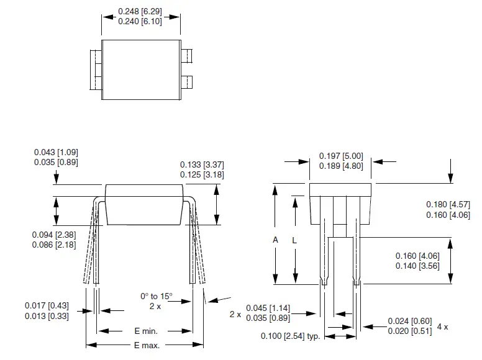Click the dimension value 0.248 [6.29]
[x=141, y=11]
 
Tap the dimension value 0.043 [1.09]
[x=57, y=152]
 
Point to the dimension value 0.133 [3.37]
[x=202, y=164]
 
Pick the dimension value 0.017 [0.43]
[x=47, y=305]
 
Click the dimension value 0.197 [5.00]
[x=340, y=156]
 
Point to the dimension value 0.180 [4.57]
[x=448, y=205]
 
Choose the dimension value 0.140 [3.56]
[x=417, y=265]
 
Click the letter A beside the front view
[x=275, y=240]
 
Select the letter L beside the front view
[x=294, y=240]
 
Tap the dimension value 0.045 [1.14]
[x=268, y=308]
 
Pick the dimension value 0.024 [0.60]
[x=409, y=321]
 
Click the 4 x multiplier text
[x=442, y=326]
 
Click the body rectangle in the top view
[x=141, y=69]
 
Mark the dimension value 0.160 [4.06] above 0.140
[x=417, y=256]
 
